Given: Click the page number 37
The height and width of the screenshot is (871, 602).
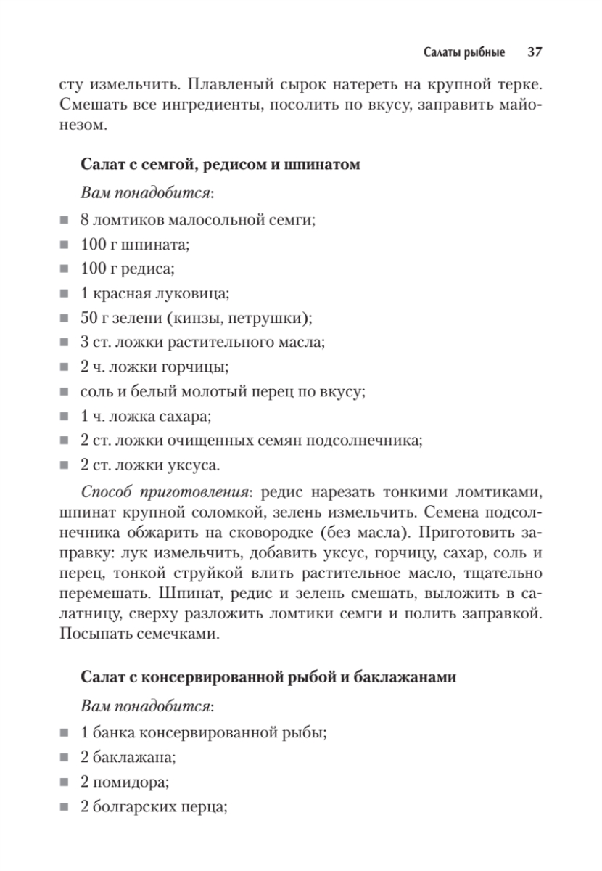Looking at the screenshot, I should (535, 52).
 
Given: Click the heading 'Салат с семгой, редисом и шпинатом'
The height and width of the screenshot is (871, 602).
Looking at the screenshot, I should (220, 165).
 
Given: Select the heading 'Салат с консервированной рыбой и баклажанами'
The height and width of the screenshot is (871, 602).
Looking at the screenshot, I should (268, 677).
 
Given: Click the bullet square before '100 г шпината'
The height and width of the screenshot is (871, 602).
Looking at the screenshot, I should (65, 245).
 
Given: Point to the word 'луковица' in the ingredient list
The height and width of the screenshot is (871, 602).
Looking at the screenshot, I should (198, 294).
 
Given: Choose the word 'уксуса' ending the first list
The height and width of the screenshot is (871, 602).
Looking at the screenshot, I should (194, 465).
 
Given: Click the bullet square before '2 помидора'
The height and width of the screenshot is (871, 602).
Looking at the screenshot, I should (65, 783).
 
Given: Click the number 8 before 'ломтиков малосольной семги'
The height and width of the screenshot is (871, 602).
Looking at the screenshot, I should (85, 221).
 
